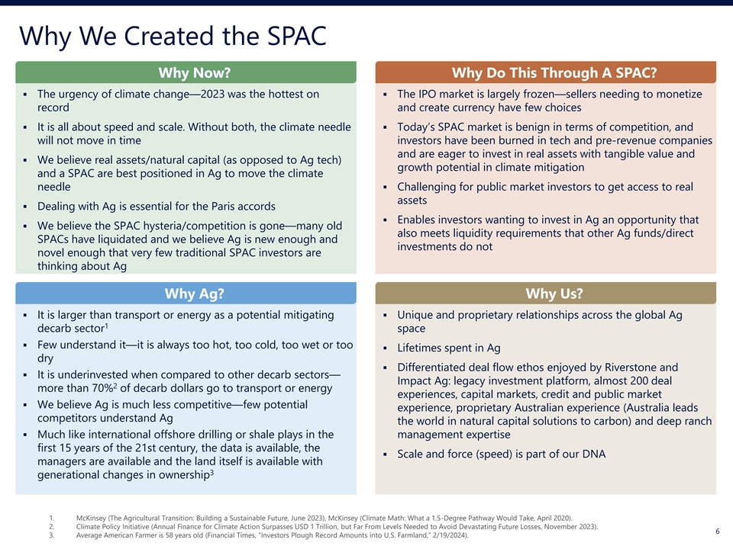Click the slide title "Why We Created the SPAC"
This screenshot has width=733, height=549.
pos(173,36)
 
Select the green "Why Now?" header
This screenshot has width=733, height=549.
pos(186,72)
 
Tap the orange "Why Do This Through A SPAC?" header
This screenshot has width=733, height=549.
pos(545,72)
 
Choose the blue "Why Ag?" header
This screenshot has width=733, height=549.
pos(186,293)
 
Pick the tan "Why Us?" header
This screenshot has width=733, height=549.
pos(545,293)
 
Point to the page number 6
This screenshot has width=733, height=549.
pos(718,531)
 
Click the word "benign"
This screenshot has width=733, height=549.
pos(524,127)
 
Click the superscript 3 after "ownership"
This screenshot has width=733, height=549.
pos(212,473)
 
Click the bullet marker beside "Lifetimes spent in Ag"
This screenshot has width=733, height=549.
pos(385,348)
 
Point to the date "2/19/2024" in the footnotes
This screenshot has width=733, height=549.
pos(449,535)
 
